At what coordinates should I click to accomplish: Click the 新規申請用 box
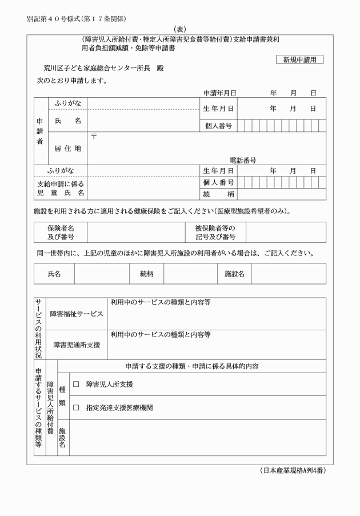(x=299, y=59)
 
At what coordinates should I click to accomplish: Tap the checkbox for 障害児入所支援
(x=76, y=385)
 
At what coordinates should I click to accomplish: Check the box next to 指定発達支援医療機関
(x=76, y=408)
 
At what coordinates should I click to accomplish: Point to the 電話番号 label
(x=243, y=161)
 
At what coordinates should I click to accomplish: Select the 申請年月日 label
(x=220, y=92)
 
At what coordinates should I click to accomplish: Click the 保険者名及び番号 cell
(x=61, y=233)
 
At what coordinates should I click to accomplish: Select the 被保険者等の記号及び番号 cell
(x=216, y=233)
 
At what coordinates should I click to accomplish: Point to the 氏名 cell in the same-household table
(x=54, y=274)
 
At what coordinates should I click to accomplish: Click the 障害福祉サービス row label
(x=77, y=314)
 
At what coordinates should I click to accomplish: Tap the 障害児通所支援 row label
(x=77, y=345)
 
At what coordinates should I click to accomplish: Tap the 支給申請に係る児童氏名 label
(x=61, y=189)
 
